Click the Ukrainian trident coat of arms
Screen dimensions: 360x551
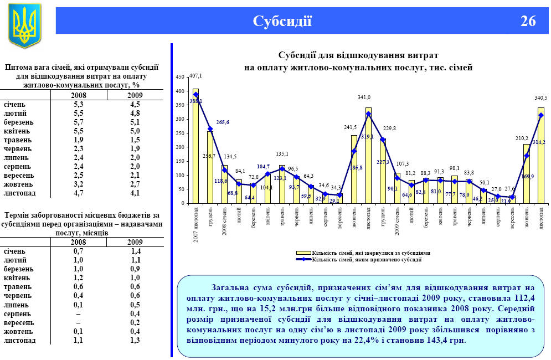pyautogui.click(x=24, y=25)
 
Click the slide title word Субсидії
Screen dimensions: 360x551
pyautogui.click(x=282, y=22)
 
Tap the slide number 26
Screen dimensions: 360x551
pyautogui.click(x=528, y=22)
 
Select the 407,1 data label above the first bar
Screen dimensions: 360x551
pyautogui.click(x=195, y=75)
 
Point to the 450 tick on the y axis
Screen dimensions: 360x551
pyautogui.click(x=179, y=78)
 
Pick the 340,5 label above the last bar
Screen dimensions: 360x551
pyautogui.click(x=540, y=98)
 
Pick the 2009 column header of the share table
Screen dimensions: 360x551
pyautogui.click(x=135, y=95)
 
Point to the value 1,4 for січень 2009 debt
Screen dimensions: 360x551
pyautogui.click(x=135, y=251)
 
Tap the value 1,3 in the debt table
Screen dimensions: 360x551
pyautogui.click(x=135, y=340)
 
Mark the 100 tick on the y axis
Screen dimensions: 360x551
pyautogui.click(x=179, y=175)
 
